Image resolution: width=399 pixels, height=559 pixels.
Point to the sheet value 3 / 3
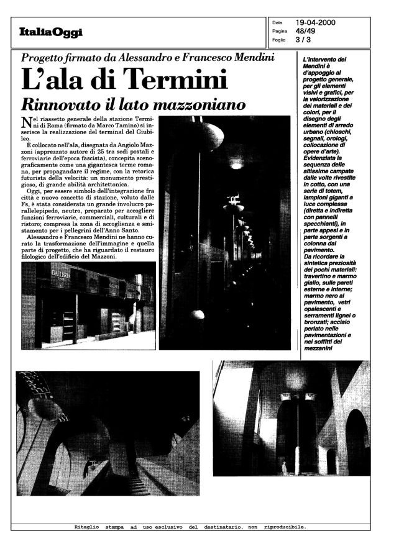303,41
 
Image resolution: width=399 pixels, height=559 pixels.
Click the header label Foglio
278,41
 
